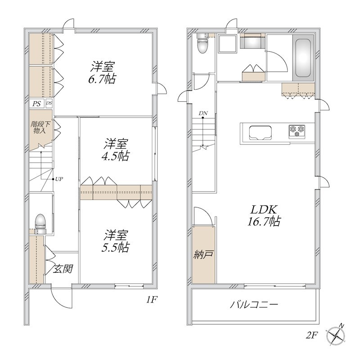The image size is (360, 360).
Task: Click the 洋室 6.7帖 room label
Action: pyautogui.click(x=102, y=72)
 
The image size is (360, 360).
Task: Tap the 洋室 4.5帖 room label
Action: pyautogui.click(x=115, y=150)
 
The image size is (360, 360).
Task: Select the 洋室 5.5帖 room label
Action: pyautogui.click(x=115, y=241)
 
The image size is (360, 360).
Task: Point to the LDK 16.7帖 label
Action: pyautogui.click(x=264, y=215)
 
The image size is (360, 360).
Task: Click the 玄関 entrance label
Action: pyautogui.click(x=63, y=269)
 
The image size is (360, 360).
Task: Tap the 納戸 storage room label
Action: pyautogui.click(x=203, y=254)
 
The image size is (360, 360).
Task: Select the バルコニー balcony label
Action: pyautogui.click(x=254, y=305)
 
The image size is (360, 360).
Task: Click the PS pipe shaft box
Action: pyautogui.click(x=36, y=103)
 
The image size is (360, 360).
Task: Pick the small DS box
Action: pyautogui.click(x=49, y=103)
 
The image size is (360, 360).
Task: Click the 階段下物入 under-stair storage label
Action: pyautogui.click(x=40, y=127)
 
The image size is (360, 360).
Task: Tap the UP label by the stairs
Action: pyautogui.click(x=59, y=179)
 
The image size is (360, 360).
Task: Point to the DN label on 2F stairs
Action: pyautogui.click(x=203, y=113)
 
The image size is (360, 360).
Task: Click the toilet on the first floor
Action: pyautogui.click(x=40, y=224)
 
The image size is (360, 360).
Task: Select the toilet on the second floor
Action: pyautogui.click(x=202, y=43)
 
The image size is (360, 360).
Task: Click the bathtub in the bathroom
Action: pyautogui.click(x=303, y=58)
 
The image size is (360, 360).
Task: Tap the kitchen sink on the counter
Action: pyautogui.click(x=261, y=133)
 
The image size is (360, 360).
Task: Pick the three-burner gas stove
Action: pyautogui.click(x=297, y=131)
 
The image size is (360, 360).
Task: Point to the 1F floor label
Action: pyautogui.click(x=152, y=299)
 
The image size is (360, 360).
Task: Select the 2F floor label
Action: pyautogui.click(x=312, y=336)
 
